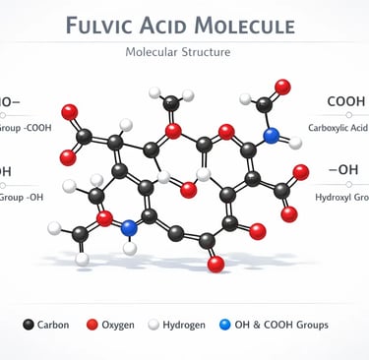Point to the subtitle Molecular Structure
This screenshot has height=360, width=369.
184,51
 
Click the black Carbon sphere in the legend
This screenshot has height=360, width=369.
28,324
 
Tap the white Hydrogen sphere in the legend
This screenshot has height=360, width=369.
154,324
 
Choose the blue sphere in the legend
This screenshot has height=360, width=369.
227,324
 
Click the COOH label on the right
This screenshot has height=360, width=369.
346,102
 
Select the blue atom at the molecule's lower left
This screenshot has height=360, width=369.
129,228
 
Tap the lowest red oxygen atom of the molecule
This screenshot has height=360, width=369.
215,264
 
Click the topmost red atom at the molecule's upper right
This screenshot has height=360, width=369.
282,88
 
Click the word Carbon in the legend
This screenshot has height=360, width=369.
53,325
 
